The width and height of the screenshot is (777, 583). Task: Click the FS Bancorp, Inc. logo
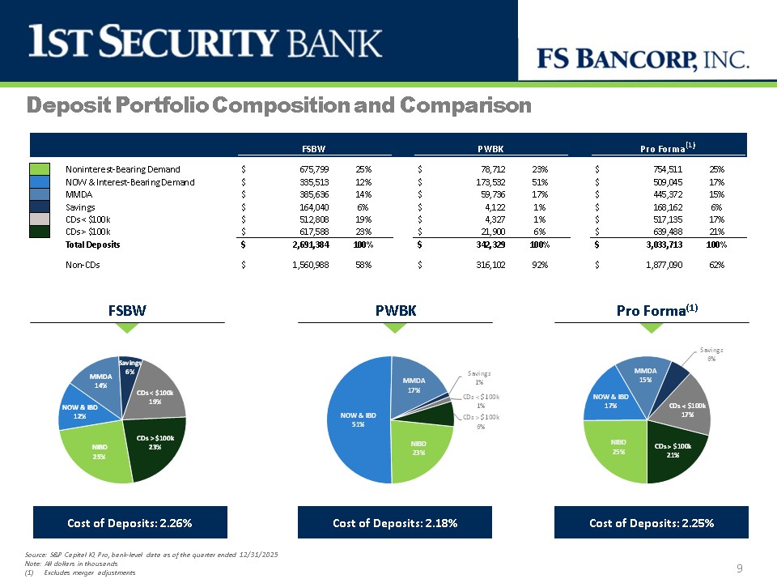[x=644, y=58]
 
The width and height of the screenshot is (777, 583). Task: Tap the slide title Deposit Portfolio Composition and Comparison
[x=279, y=105]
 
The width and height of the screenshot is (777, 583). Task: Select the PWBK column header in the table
[x=491, y=148]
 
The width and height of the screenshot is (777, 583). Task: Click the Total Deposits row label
[x=92, y=244]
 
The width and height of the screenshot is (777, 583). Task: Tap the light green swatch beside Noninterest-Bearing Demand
[x=40, y=169]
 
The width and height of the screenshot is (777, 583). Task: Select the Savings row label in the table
[x=79, y=207]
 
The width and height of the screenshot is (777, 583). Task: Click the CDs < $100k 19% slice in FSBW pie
[x=157, y=395]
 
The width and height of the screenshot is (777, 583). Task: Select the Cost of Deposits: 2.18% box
[x=395, y=523]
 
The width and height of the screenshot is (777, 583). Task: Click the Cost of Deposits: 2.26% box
[x=129, y=523]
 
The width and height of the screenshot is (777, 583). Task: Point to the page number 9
[x=740, y=569]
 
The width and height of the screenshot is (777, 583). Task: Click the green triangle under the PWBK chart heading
[x=394, y=327]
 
